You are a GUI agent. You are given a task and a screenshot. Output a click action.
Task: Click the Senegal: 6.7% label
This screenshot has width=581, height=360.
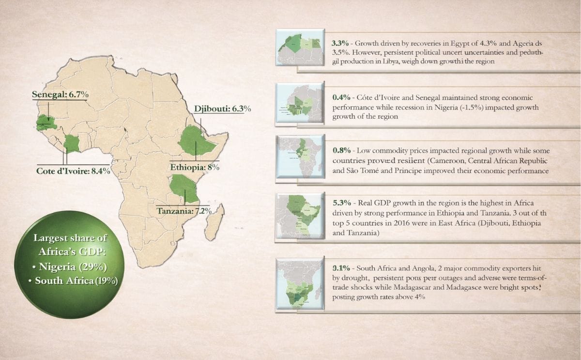click(x=60, y=94)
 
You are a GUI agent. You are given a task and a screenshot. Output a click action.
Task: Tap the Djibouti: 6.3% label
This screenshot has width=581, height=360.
click(x=222, y=109)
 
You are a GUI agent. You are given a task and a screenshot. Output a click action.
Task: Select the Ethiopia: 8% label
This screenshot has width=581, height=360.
click(x=195, y=168)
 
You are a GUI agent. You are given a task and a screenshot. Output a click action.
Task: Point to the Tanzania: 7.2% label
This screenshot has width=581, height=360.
click(x=182, y=211)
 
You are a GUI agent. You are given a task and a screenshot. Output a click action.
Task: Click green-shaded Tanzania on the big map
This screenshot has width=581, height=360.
click(x=184, y=188)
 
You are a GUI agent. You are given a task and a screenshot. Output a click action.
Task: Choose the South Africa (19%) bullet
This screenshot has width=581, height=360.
click(x=76, y=281)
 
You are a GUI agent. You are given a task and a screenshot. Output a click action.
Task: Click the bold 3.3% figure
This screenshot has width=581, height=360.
click(x=341, y=42)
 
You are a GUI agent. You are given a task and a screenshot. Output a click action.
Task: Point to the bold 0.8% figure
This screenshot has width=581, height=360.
click(x=341, y=151)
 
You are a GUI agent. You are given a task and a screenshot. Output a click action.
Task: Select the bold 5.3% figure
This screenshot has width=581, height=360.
click(x=341, y=202)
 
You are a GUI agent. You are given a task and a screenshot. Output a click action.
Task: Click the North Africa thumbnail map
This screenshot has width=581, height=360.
click(x=300, y=47)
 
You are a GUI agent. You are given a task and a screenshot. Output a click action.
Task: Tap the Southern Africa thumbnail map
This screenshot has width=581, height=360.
click(x=300, y=284)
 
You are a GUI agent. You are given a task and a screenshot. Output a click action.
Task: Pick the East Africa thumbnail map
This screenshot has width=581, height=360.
click(x=300, y=217)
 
